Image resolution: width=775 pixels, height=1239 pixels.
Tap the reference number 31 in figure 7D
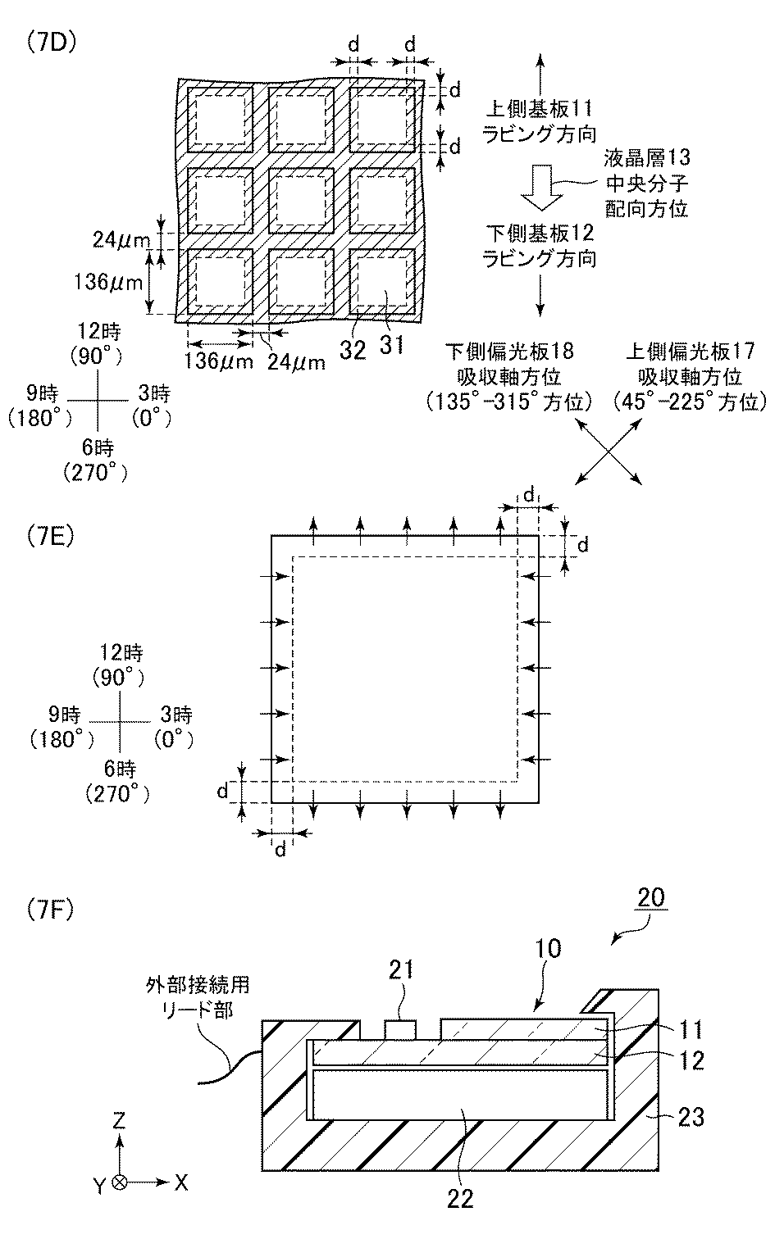[x=391, y=345]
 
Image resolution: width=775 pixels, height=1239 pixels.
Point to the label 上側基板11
[x=539, y=108]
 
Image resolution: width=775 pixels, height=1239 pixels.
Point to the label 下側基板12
[x=539, y=235]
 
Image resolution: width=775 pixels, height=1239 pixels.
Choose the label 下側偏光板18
[x=508, y=352]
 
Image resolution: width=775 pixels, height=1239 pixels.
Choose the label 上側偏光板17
[x=690, y=352]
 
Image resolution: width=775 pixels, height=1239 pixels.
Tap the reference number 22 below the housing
[x=460, y=1198]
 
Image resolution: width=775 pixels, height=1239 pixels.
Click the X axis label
[x=181, y=1182]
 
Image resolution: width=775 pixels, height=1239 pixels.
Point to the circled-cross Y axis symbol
[x=120, y=1182]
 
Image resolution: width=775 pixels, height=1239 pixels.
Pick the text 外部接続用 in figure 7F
[x=194, y=982]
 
